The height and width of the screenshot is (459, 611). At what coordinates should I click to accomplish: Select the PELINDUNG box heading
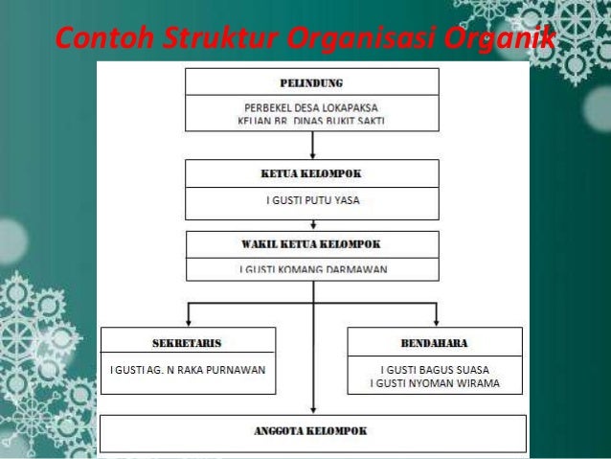pos(312,82)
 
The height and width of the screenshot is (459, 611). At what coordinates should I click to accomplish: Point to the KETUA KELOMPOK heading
pos(312,174)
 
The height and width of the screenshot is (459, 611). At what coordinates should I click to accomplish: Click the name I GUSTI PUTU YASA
pos(312,201)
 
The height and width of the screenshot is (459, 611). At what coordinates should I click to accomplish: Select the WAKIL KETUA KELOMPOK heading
pos(312,243)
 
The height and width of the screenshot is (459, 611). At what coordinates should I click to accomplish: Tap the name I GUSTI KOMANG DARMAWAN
pos(312,269)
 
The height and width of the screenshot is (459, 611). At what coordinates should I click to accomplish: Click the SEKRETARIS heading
pos(188,341)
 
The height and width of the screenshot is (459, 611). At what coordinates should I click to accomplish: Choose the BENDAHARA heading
pos(436,341)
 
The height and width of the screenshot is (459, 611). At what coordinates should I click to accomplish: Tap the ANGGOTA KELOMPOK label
pos(312,430)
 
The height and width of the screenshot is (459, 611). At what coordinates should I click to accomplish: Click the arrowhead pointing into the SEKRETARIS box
pos(189,322)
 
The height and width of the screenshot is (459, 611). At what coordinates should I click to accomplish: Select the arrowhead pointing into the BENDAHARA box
pos(436,322)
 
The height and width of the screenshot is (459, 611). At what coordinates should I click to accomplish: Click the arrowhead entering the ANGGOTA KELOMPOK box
pos(312,409)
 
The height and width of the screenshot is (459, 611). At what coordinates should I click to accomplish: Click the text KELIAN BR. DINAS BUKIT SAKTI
pos(312,123)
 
